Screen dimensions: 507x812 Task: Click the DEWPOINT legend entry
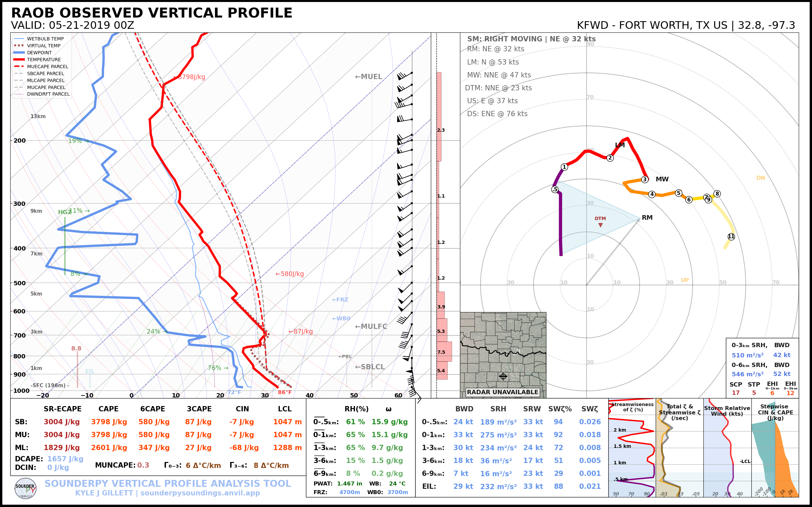point(39,53)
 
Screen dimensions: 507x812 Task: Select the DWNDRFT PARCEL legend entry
point(48,94)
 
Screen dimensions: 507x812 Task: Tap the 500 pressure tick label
point(20,283)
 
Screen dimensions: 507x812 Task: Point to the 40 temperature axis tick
point(309,395)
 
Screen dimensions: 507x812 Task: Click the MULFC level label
point(371,326)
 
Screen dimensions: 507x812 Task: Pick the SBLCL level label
point(370,367)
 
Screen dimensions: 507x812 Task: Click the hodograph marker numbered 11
point(731,237)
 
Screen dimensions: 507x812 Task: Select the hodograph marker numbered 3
point(644,179)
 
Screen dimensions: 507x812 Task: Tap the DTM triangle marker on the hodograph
point(600,225)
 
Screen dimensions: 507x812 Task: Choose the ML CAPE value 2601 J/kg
point(109,448)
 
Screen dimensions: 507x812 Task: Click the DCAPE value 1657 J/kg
point(65,459)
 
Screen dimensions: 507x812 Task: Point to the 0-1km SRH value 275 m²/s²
point(498,435)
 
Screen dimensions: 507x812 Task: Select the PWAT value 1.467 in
point(349,484)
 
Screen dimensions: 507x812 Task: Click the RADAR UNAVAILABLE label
point(502,392)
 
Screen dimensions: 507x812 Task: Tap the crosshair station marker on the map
point(503,376)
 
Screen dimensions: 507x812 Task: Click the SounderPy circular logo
point(25,488)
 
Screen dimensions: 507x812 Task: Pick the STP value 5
point(754,392)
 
